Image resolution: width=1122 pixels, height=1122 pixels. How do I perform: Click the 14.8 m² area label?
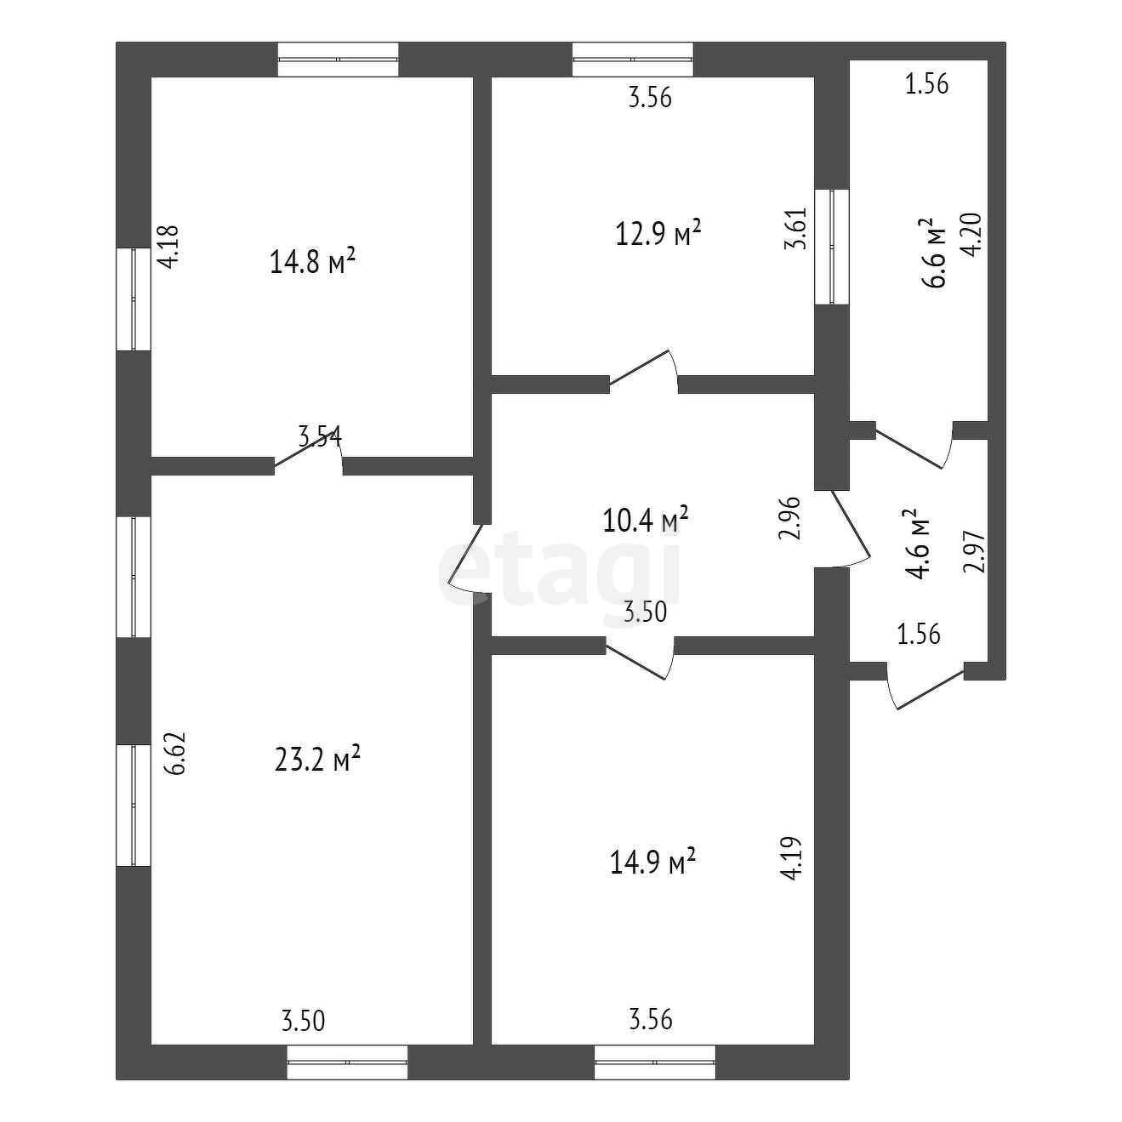pyautogui.click(x=312, y=262)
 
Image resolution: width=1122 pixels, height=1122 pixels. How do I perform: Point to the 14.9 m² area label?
pyautogui.click(x=653, y=863)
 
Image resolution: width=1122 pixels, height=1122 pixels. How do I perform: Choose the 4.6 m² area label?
pyautogui.click(x=916, y=544)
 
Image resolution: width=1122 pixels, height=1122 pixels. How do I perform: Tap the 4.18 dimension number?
pyautogui.click(x=168, y=246)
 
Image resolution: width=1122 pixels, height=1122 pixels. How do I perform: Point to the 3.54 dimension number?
pyautogui.click(x=320, y=437)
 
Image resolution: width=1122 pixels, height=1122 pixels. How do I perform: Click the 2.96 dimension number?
pyautogui.click(x=790, y=518)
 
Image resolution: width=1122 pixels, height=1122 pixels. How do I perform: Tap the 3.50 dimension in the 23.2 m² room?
pyautogui.click(x=303, y=1019)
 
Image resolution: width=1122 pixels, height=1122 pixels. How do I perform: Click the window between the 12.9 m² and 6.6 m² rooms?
pyautogui.click(x=832, y=246)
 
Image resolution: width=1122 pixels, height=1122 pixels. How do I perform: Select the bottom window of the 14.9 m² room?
pyautogui.click(x=655, y=1062)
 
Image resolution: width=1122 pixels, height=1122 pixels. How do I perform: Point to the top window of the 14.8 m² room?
pyautogui.click(x=339, y=60)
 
